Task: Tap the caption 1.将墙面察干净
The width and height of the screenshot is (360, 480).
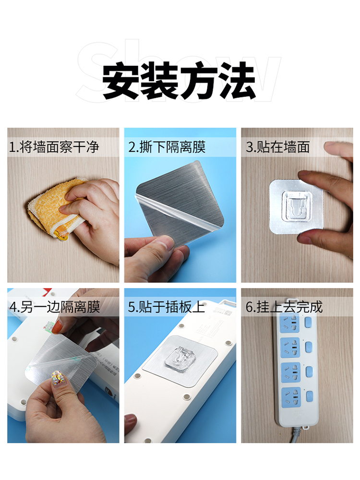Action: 54,147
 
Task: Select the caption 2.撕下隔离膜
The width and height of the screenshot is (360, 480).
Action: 167,147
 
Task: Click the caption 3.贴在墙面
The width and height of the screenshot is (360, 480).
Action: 277,147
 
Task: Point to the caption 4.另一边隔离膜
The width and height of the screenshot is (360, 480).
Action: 55,307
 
